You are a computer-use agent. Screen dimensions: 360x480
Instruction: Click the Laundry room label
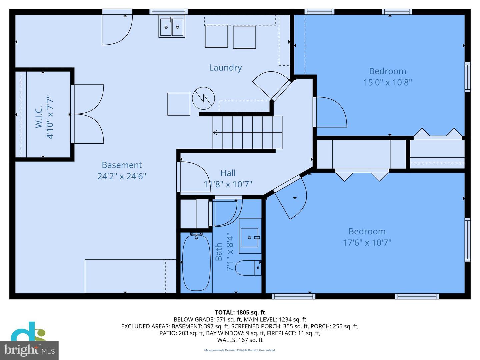point(225,68)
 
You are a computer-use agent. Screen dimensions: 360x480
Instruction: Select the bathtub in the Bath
point(196,262)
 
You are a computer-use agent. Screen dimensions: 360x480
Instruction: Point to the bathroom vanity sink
point(250,237)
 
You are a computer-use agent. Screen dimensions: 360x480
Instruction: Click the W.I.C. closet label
point(39,117)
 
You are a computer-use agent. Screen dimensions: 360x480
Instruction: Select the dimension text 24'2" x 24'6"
point(122,176)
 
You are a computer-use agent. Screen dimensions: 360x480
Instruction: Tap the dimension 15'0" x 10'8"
point(387,82)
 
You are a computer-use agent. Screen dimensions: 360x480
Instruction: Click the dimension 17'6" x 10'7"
point(367,243)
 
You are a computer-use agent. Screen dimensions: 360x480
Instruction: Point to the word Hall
point(228,173)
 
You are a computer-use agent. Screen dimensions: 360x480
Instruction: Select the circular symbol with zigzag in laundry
point(203,98)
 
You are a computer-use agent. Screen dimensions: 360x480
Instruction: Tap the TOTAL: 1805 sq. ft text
point(240,312)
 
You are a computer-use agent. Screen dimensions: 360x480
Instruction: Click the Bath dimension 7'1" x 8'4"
point(230,252)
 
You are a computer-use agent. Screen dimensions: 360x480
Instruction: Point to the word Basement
point(122,165)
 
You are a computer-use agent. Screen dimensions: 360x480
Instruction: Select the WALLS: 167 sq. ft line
point(240,340)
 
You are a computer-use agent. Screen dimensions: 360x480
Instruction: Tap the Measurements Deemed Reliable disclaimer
point(240,350)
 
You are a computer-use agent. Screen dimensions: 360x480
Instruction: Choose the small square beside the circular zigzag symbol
point(179,104)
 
